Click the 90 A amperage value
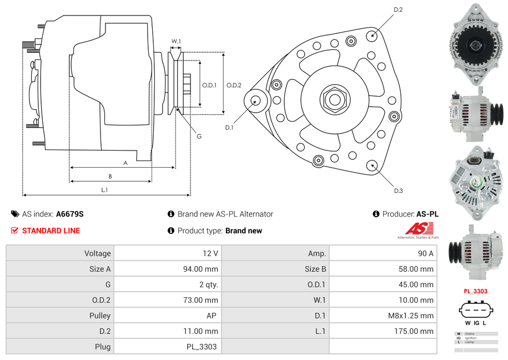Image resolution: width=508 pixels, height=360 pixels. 425,253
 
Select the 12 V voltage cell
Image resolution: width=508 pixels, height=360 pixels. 210,253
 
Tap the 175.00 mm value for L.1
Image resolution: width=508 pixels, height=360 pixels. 419,331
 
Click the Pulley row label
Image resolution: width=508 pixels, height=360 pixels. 99,316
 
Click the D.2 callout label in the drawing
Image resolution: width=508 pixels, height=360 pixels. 398,10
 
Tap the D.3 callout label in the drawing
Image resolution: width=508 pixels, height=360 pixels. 398,191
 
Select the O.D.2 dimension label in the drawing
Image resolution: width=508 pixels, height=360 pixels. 234,85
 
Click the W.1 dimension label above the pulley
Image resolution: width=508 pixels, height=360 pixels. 176,41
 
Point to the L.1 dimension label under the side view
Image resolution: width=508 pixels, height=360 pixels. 104,190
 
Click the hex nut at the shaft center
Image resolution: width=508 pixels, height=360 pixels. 334,100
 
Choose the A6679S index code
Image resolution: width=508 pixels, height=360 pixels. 70,214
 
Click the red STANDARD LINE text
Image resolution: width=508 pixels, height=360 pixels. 51,231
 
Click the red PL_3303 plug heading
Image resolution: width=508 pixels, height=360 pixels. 475,291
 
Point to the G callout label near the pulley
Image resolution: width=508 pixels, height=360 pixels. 199,136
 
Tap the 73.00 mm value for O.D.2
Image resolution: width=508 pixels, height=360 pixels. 203,300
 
